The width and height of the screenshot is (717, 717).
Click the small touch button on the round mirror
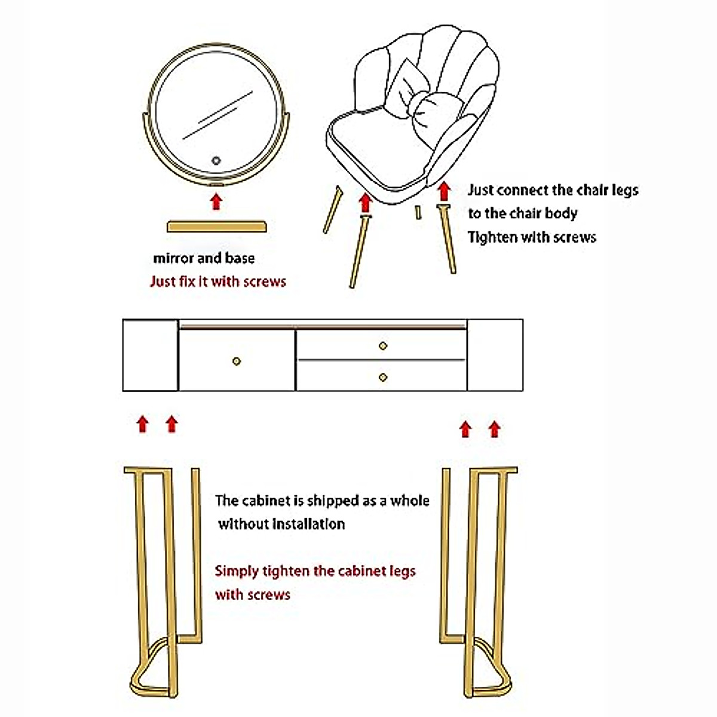click(x=216, y=160)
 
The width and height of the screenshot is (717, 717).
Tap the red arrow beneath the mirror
click(x=216, y=201)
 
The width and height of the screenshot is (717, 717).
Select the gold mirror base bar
click(x=216, y=226)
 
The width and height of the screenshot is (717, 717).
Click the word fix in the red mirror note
click(x=187, y=281)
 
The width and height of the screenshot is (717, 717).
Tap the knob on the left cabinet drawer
click(x=237, y=361)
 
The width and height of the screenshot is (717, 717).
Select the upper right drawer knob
click(x=383, y=345)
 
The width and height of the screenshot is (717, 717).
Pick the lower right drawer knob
click(x=383, y=377)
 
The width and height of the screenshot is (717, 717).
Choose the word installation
click(x=308, y=524)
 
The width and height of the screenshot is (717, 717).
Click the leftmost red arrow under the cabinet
click(x=142, y=424)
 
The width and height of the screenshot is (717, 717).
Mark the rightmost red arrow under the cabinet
click(x=494, y=428)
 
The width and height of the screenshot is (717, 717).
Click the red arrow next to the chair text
click(x=443, y=191)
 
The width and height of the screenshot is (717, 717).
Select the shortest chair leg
click(x=418, y=212)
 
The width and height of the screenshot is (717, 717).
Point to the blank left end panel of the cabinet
click(x=150, y=355)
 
